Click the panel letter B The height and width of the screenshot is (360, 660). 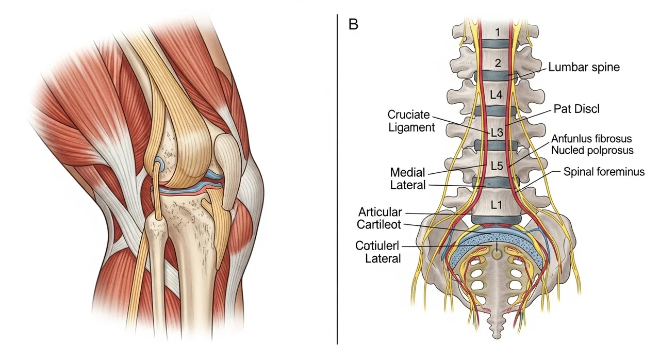point(353,24)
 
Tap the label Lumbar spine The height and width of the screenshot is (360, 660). point(584,67)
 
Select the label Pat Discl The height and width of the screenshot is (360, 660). point(577,109)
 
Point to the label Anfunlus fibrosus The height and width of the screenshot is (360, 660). point(591,139)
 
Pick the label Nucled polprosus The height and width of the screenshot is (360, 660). point(592,151)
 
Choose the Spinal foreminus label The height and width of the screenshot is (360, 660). point(604,172)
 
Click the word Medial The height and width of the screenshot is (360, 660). point(408,172)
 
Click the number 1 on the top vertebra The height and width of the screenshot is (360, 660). point(497,32)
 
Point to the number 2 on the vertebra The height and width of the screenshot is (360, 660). point(497,64)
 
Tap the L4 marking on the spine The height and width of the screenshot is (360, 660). point(496,95)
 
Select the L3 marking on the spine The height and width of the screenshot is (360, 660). point(496,133)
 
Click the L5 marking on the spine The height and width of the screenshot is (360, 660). point(496,166)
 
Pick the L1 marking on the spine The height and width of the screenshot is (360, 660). point(496,204)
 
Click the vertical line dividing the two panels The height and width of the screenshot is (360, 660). point(337,181)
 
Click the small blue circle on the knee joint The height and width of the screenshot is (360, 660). point(161,165)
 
